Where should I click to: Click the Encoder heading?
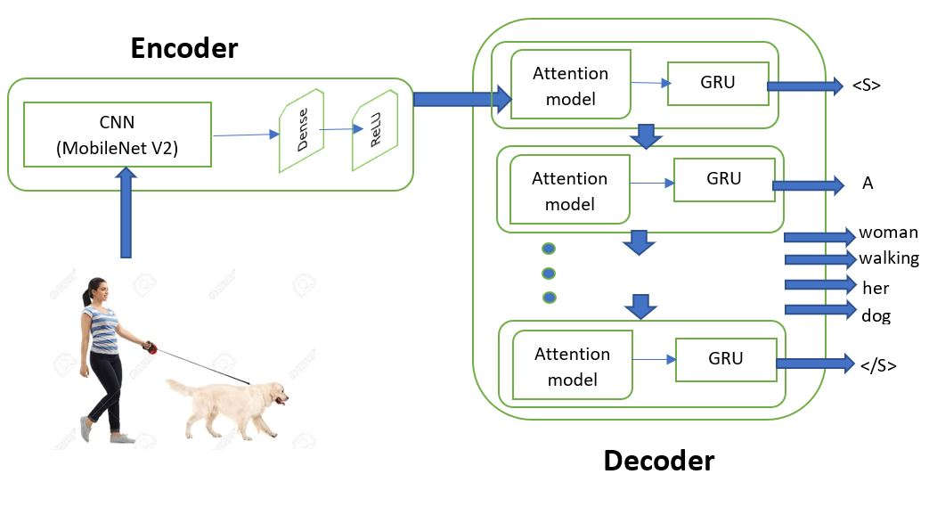tap(184, 47)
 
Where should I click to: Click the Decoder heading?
tap(658, 461)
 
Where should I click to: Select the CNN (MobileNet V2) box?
tap(117, 134)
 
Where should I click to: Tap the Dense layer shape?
tap(301, 135)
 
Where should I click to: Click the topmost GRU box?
tap(718, 84)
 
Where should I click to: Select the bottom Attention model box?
tap(573, 366)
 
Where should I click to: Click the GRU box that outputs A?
tap(723, 179)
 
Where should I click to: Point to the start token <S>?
tap(866, 86)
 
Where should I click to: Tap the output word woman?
tap(888, 233)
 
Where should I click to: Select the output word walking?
tap(888, 259)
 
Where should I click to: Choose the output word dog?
tap(876, 315)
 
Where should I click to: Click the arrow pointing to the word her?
tap(819, 285)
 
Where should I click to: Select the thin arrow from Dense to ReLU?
tap(336, 130)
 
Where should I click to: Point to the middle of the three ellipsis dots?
tap(549, 273)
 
